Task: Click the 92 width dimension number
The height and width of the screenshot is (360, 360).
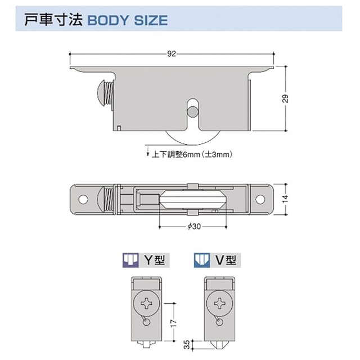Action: [172, 54]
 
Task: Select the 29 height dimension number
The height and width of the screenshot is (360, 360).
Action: [285, 98]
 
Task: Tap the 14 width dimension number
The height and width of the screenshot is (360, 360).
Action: [285, 199]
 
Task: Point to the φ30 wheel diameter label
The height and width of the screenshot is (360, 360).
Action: [194, 227]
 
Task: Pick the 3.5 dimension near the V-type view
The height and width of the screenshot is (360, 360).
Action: [187, 344]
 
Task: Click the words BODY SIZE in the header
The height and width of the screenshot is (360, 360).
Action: [128, 20]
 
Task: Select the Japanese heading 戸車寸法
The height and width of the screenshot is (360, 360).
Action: [53, 20]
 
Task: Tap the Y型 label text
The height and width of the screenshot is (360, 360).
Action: [155, 260]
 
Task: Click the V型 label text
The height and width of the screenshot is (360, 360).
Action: [226, 260]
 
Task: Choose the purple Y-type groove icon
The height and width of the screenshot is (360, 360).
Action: [130, 260]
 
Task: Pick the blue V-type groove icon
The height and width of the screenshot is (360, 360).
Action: [202, 260]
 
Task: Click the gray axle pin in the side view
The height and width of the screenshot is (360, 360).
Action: [192, 111]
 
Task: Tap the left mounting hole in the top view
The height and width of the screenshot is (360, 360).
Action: [83, 199]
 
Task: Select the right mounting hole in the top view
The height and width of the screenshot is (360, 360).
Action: [260, 199]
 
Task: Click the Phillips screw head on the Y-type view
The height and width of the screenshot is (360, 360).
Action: [146, 304]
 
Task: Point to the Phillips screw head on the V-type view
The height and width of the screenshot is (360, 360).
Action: [220, 304]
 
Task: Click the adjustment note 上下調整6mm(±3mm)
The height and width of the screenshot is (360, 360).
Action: [192, 155]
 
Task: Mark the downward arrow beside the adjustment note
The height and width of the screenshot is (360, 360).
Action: [147, 151]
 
